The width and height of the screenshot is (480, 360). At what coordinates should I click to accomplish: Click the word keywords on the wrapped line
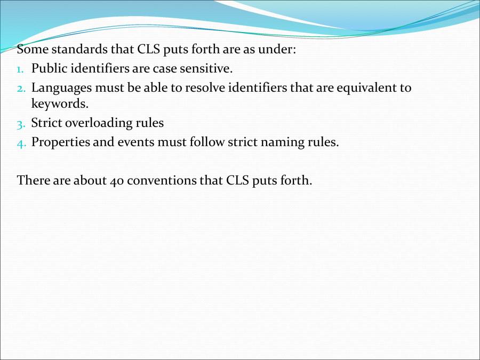(59, 104)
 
